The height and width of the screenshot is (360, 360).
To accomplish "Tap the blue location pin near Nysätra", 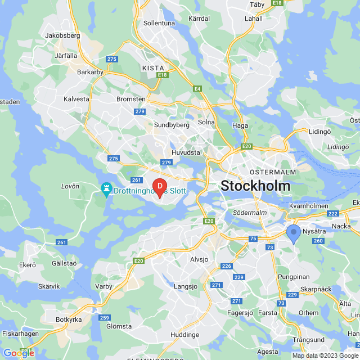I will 293,233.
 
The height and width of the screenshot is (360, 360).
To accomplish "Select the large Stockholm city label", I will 255,186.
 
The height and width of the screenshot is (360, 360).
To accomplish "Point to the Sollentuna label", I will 160,23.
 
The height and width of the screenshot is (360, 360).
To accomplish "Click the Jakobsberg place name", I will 62,35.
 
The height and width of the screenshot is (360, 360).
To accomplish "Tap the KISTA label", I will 153,68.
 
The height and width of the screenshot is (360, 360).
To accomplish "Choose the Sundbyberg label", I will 172,125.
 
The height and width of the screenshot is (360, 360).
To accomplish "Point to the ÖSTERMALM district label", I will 269,172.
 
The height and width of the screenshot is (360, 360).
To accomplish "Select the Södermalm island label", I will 249,213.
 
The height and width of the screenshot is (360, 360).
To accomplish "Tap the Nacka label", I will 341,226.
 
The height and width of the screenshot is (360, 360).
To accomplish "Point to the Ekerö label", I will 27,264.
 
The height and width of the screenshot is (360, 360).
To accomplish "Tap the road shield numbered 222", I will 333,214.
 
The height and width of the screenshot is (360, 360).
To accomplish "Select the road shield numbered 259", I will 104,317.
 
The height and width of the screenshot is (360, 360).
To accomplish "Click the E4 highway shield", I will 197,88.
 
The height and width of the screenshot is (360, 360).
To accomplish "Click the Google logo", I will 19,352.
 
